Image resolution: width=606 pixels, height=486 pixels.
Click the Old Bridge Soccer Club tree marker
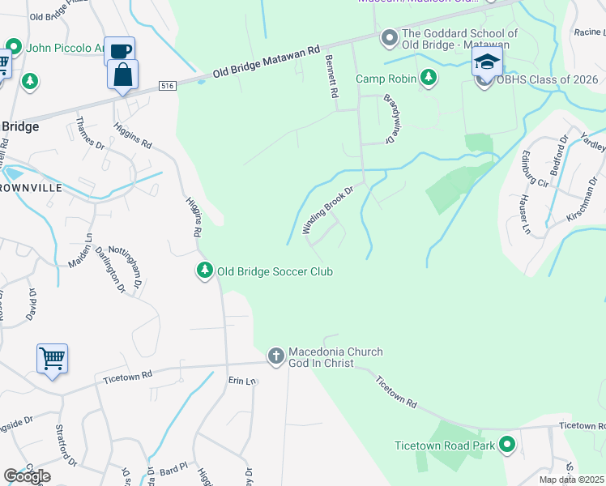[x=205, y=271]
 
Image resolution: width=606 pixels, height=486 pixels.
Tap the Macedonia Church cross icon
[x=275, y=356]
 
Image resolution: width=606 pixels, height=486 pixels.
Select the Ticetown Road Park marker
[x=508, y=445]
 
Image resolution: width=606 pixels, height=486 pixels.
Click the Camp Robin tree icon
[x=429, y=79]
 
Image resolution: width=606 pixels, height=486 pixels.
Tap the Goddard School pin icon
[x=390, y=38]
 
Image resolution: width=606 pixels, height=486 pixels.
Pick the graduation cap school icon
[x=487, y=62]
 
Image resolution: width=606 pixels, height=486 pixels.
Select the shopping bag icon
[x=122, y=75]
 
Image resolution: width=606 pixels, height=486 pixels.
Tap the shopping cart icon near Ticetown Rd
[x=52, y=357]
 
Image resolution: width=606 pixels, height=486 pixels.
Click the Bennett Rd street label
[x=331, y=77]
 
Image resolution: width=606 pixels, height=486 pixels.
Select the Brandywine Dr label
[x=388, y=119]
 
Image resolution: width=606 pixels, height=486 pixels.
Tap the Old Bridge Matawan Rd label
[x=267, y=61]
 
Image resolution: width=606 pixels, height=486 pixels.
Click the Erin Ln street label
[x=241, y=381]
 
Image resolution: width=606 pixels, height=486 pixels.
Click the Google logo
[x=28, y=475]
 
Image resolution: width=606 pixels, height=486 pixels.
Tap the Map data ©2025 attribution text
[x=572, y=480]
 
